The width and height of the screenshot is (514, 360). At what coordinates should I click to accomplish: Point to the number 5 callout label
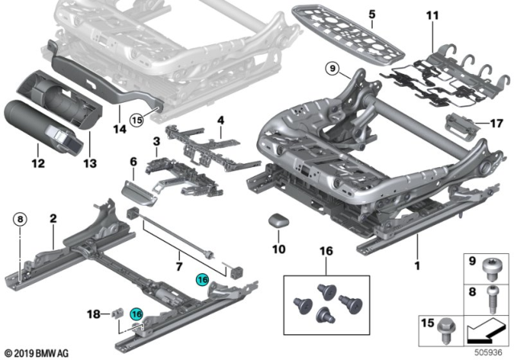372,15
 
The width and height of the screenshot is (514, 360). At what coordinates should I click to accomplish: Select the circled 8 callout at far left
20,217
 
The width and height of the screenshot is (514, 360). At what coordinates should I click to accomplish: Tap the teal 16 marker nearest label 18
136,317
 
